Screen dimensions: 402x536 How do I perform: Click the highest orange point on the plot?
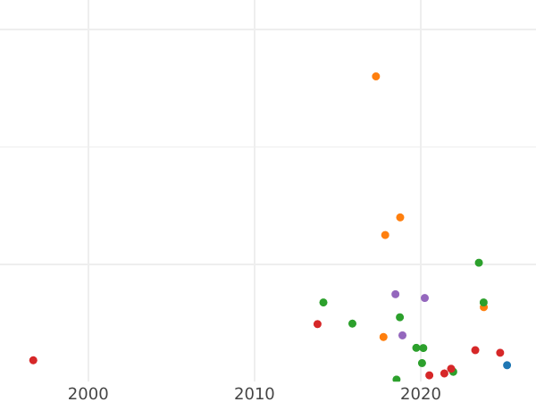(376, 77)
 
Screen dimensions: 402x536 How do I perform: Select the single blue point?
(507, 365)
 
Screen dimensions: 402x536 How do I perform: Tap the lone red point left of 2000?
(33, 361)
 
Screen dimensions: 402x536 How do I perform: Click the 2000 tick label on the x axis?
(88, 394)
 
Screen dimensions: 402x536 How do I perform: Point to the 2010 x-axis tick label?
(255, 394)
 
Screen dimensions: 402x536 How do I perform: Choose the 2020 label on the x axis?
(421, 394)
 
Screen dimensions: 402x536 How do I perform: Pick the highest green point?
(479, 263)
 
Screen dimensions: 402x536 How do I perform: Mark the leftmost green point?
(323, 303)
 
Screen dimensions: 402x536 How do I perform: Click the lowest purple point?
(402, 336)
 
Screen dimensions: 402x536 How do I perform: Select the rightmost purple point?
(424, 298)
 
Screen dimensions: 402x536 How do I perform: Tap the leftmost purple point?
(395, 295)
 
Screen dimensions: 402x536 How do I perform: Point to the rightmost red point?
(500, 353)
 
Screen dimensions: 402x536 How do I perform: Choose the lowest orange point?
(383, 338)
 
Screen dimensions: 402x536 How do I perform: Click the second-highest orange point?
(400, 218)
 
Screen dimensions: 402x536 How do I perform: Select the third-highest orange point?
(385, 236)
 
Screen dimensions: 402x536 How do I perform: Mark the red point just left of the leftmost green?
(317, 324)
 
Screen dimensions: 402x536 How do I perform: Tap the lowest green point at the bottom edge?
(397, 380)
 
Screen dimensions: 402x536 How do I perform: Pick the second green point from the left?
(352, 323)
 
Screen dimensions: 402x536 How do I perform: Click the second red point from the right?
(475, 350)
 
